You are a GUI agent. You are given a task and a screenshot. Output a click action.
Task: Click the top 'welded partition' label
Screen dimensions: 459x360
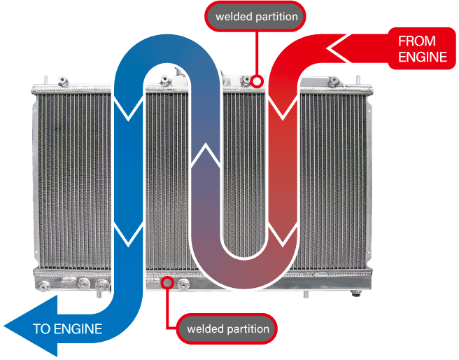pos(255,16)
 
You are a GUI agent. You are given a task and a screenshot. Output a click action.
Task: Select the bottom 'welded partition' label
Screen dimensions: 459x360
pos(227,328)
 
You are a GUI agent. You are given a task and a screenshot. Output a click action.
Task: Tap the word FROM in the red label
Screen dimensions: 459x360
pos(417,41)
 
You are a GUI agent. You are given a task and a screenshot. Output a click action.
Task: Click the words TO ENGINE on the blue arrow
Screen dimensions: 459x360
pos(67,328)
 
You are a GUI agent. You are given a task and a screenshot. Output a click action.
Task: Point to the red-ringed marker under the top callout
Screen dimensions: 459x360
pos(257,81)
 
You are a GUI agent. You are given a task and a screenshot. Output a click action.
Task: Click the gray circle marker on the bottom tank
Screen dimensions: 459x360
pos(167,283)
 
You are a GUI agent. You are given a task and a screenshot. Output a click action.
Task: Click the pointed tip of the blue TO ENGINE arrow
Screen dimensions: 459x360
pos(4,326)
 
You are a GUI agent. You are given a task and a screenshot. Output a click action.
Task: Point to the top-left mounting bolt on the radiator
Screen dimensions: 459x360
pos(63,81)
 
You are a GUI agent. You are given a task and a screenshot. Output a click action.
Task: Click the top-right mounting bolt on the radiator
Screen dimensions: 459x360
pos(334,81)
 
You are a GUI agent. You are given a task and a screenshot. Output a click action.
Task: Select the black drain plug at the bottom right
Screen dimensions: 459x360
pos(355,293)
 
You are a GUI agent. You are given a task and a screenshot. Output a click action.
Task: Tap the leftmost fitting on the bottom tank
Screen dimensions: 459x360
pos(44,285)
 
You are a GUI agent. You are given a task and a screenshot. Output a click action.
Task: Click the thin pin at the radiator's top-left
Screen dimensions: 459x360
pos(46,80)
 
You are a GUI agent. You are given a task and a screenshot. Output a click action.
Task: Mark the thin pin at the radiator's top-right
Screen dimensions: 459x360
pos(358,80)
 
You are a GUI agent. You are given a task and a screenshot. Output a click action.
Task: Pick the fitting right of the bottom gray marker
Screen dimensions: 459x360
pos(183,284)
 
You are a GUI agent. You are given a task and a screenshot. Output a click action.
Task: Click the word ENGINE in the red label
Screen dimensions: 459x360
pos(423,57)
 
